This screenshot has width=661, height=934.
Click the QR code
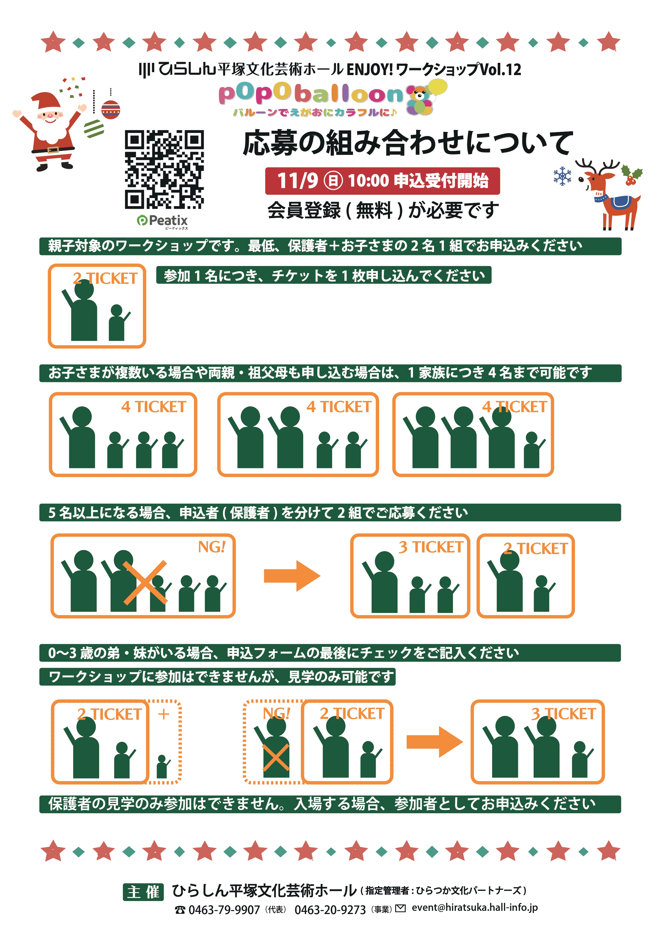[164, 169]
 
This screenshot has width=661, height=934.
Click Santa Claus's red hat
[46, 102]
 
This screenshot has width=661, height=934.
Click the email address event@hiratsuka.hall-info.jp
[475, 908]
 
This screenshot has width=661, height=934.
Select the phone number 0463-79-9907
[224, 910]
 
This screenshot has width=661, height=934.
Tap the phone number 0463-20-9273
[330, 910]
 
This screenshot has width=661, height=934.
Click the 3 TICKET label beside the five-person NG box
[431, 547]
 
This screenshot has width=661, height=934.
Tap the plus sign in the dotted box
[164, 714]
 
